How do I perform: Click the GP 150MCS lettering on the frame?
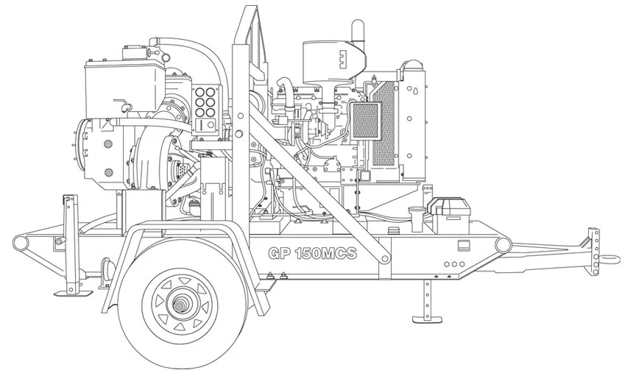tap(312, 254)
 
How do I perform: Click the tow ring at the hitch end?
tap(609, 259)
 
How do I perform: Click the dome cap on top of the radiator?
tap(411, 64)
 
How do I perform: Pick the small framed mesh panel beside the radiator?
tap(365, 121)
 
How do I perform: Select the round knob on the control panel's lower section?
tap(211, 126)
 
